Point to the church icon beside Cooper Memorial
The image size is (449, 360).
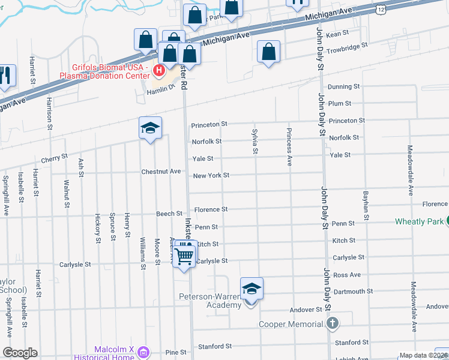(333, 324)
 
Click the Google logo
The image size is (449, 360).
(20, 353)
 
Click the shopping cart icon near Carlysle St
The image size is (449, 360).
(185, 256)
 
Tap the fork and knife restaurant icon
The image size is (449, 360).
(5, 75)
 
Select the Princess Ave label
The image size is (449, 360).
(289, 146)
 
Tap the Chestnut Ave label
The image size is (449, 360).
(161, 172)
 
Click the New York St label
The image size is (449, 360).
(211, 176)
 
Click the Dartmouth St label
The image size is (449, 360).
(352, 292)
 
